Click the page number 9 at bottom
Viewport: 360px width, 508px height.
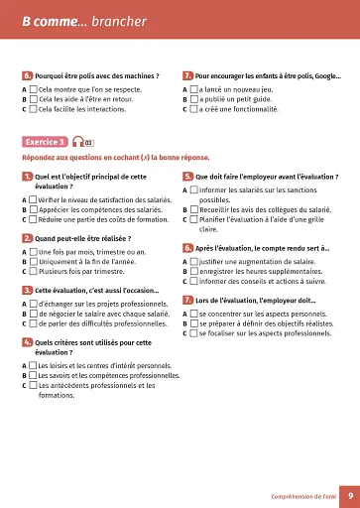pos(337,493)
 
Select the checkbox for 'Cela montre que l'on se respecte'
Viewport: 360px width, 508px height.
pos(34,87)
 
